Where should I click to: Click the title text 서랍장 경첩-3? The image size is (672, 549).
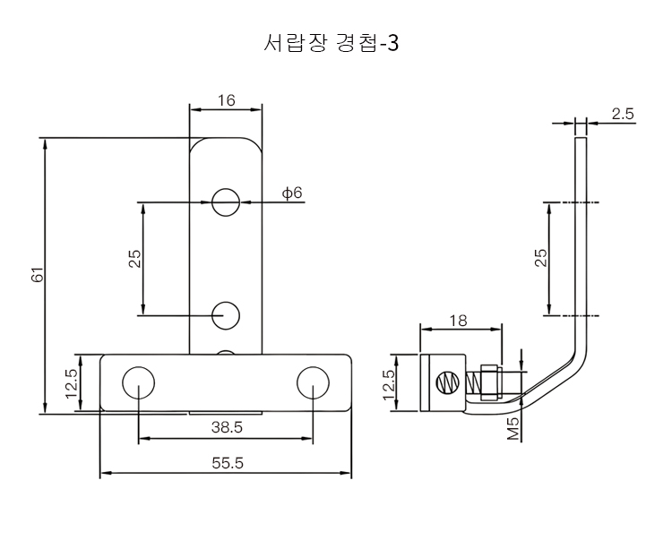332,43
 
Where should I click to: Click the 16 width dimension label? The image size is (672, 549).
225,100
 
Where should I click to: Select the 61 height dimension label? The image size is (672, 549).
38,276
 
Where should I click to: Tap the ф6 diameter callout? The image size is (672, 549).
292,193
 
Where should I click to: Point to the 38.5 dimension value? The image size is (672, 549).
227,427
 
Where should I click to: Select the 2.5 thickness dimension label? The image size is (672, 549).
623,114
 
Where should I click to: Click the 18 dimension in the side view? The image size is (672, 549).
458,320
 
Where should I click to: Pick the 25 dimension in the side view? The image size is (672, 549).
540,259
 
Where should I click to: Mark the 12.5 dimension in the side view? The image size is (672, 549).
389,383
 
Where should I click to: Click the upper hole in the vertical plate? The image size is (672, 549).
226,202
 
